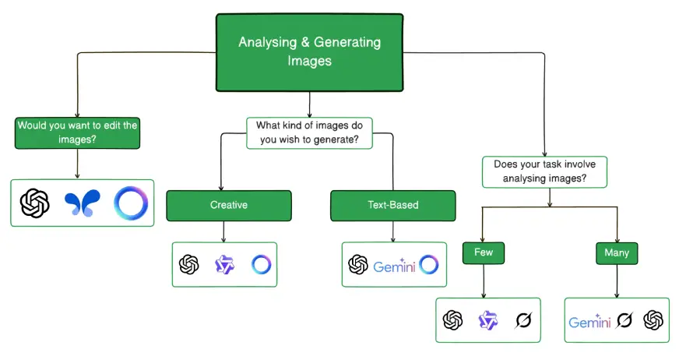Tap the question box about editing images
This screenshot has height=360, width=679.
pyautogui.click(x=76, y=132)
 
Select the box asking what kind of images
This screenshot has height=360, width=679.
pyautogui.click(x=309, y=132)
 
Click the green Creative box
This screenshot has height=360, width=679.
pyautogui.click(x=228, y=206)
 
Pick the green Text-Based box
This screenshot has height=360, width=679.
pyautogui.click(x=392, y=206)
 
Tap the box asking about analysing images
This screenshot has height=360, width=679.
pyautogui.click(x=544, y=171)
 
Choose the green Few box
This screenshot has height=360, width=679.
pyautogui.click(x=483, y=252)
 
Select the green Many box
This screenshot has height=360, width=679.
pyautogui.click(x=617, y=252)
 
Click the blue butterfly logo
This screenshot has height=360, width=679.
pyautogui.click(x=83, y=203)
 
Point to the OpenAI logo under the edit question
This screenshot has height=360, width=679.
pyautogui.click(x=35, y=203)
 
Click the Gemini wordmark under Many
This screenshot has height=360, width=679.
pyautogui.click(x=589, y=320)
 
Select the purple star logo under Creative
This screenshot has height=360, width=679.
pyautogui.click(x=225, y=265)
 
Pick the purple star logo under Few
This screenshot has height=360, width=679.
pyautogui.click(x=487, y=319)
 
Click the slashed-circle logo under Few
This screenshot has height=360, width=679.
pyautogui.click(x=523, y=319)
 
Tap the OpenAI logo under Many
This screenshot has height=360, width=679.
pyautogui.click(x=653, y=319)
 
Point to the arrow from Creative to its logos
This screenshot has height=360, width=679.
pyautogui.click(x=224, y=231)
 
